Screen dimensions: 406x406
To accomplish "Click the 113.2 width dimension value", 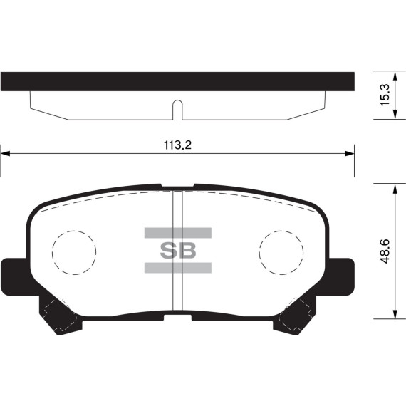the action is tap(177, 145).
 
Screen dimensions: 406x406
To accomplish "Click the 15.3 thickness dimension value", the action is tap(385, 95).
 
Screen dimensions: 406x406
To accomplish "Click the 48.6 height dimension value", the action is tap(385, 251).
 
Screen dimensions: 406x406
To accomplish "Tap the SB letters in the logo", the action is tap(178, 251).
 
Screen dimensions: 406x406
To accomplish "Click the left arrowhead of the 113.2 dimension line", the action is tap(5, 154).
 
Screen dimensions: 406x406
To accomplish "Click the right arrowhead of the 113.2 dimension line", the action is tap(350, 154).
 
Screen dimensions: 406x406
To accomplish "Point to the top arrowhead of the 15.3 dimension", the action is tap(395, 76).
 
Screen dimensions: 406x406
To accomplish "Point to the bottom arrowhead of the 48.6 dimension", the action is tap(395, 314).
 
